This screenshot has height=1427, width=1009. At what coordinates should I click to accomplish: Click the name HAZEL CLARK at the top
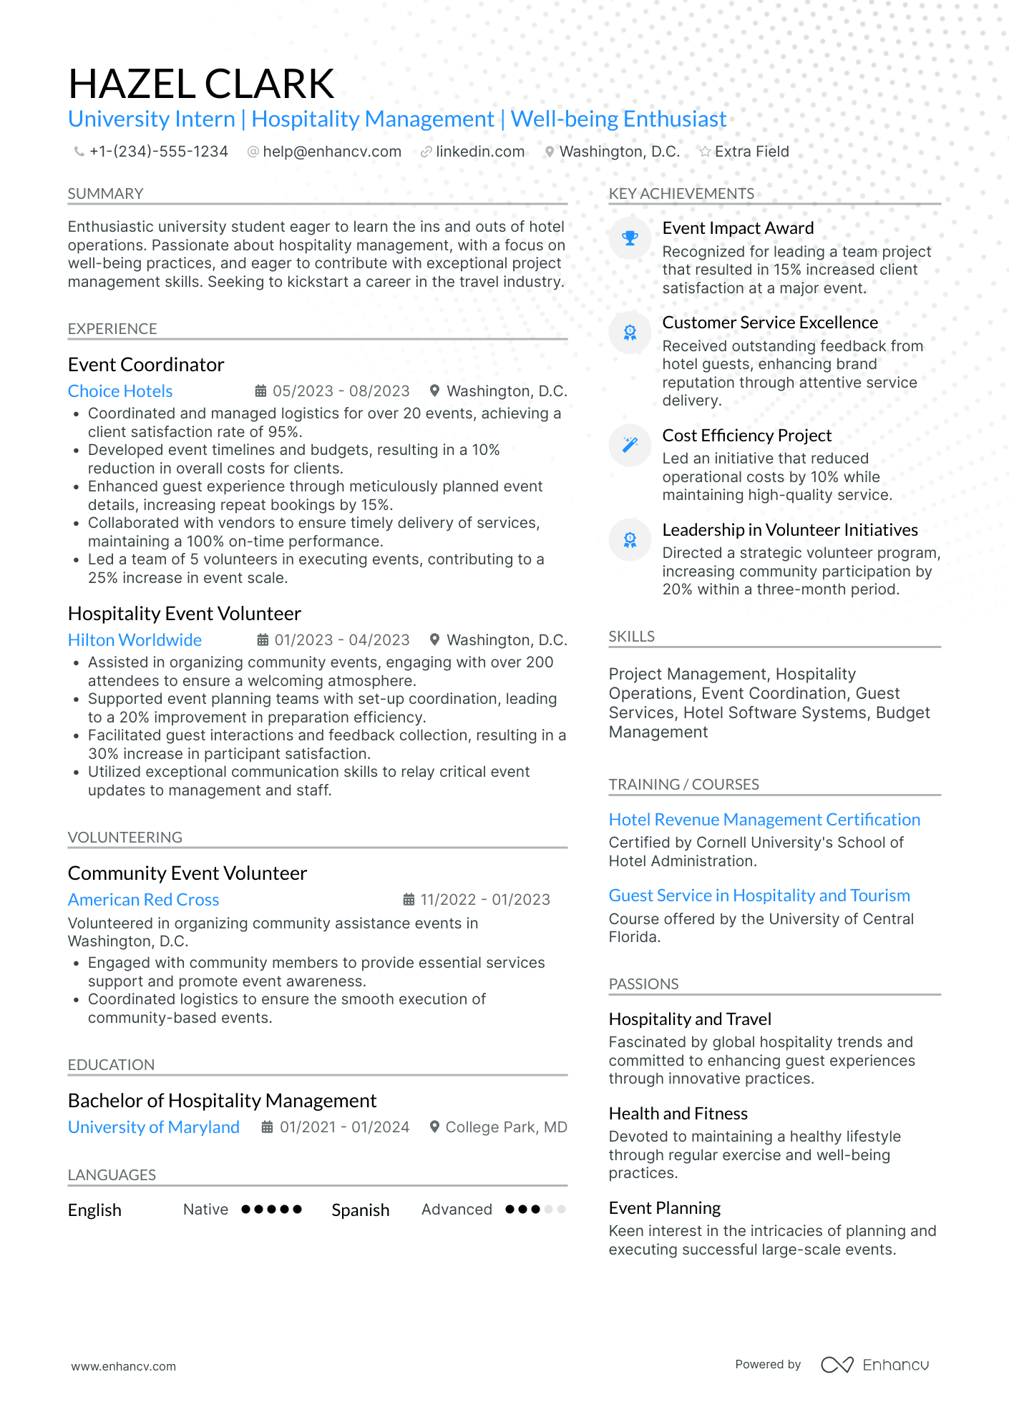tap(201, 84)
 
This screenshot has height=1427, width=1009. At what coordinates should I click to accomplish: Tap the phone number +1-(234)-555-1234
tap(158, 152)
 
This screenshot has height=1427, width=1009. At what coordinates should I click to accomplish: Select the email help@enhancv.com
tap(331, 152)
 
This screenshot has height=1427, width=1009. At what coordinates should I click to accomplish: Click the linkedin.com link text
tap(479, 152)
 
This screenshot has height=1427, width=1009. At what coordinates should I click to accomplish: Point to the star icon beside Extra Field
tap(705, 152)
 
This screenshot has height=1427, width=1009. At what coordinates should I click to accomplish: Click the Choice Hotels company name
tap(120, 391)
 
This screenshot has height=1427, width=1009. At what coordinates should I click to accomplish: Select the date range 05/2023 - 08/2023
tap(341, 391)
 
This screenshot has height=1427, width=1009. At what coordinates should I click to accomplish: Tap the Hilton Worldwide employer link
tap(135, 640)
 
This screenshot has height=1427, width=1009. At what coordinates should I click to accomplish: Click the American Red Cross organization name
tap(143, 900)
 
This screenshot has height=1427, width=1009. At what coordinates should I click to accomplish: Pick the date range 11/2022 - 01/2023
tap(484, 900)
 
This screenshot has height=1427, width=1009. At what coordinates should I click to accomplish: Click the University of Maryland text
tap(153, 1127)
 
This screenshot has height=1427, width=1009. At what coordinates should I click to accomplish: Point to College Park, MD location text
tap(506, 1127)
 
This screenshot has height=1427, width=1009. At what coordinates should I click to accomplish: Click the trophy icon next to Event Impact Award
tap(630, 238)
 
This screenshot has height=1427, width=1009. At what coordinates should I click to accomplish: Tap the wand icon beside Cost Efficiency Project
tap(630, 445)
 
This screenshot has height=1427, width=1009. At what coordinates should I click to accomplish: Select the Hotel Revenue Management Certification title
tap(764, 820)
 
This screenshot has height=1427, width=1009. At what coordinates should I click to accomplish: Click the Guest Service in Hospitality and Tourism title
tap(759, 896)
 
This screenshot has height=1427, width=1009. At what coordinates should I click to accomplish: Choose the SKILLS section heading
tap(631, 637)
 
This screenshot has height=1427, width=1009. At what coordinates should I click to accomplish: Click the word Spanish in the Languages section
tap(361, 1210)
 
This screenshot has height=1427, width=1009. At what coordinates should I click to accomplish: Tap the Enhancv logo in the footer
tap(874, 1365)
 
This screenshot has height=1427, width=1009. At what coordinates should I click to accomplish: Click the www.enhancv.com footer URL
tap(123, 1366)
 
